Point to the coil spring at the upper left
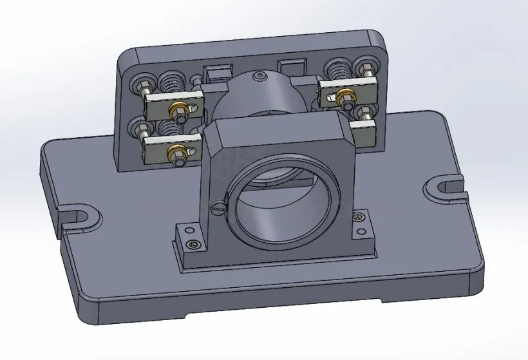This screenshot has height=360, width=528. tap(170, 82)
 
